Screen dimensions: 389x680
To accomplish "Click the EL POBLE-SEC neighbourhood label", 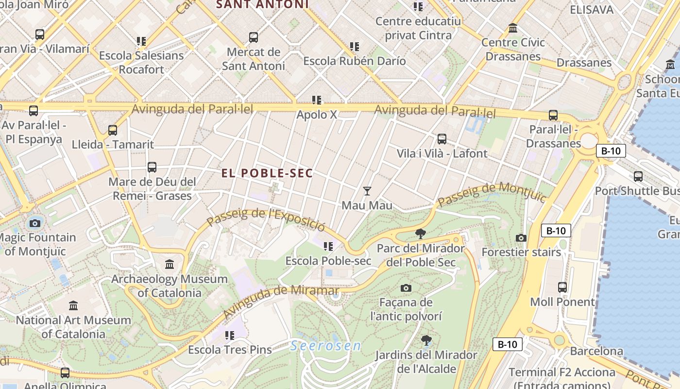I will click(267, 174).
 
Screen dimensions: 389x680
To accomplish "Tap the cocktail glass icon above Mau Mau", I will click(367, 191).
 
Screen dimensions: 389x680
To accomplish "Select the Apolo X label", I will click(317, 115).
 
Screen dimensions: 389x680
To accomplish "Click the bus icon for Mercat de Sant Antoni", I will click(253, 37).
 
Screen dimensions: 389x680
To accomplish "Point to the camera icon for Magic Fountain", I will click(34, 223).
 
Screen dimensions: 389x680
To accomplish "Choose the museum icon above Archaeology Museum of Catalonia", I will click(170, 265).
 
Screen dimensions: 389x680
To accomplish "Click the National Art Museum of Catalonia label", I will click(73, 327).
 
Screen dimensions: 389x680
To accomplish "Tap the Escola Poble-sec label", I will click(328, 261).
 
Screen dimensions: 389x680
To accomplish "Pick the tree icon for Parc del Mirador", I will click(421, 234).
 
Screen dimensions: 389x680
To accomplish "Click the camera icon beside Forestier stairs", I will click(521, 238).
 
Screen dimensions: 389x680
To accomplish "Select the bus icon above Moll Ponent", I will click(562, 287).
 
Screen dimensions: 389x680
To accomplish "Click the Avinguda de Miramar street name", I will click(281, 301).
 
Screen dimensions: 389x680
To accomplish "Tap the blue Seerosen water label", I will click(326, 346).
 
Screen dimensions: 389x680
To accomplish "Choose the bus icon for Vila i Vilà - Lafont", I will click(442, 139).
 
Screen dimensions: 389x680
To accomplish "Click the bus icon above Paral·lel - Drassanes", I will click(553, 115).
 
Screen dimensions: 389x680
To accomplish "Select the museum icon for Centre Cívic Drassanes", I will click(513, 28).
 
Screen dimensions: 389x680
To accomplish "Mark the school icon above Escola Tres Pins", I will click(230, 335).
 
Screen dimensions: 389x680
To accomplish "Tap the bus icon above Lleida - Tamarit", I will click(113, 130).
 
